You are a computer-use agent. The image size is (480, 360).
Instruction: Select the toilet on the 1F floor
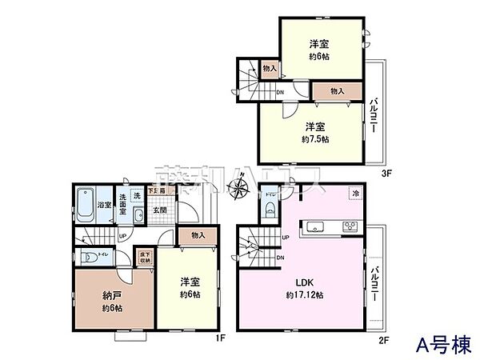click(90, 258)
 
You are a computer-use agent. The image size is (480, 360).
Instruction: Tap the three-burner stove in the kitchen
click(351, 225)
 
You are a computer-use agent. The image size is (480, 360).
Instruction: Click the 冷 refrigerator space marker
click(354, 194)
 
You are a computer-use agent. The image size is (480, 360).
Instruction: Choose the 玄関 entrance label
click(160, 210)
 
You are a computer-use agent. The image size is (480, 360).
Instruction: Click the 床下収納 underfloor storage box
click(146, 257)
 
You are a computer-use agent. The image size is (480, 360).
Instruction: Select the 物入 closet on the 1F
click(198, 234)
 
